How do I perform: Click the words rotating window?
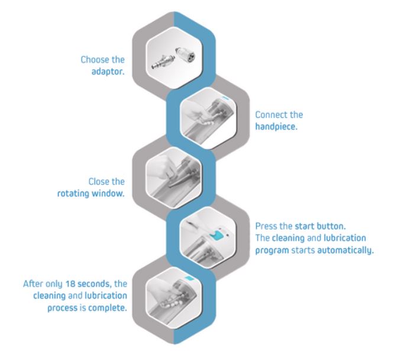[x=99, y=192]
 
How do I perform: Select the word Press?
[x=266, y=227]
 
